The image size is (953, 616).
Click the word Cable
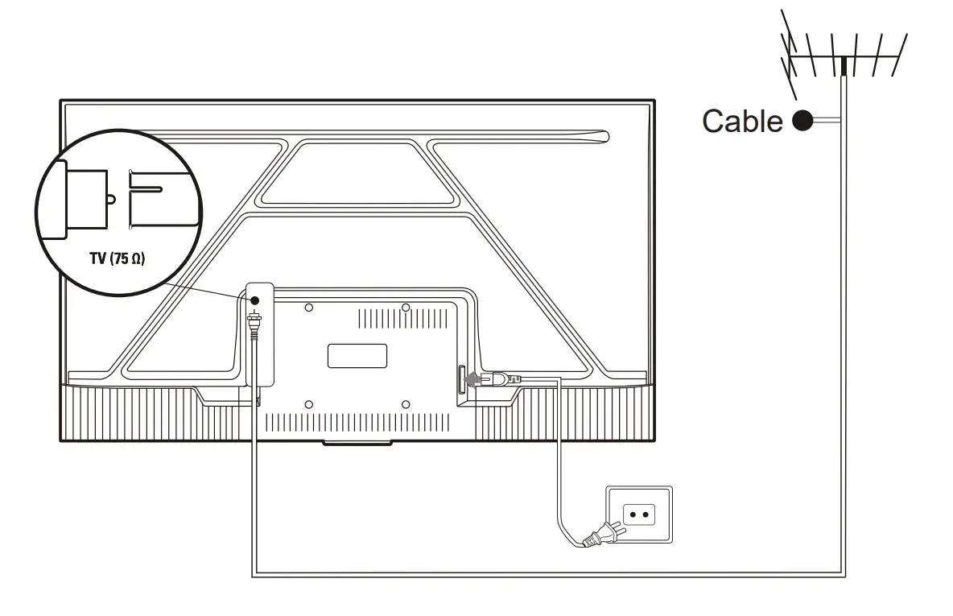click(742, 121)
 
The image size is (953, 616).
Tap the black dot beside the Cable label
click(802, 121)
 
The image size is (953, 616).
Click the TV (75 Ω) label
click(118, 261)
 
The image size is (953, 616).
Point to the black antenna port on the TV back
click(255, 300)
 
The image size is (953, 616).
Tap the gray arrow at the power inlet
click(477, 377)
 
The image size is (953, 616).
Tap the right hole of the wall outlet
click(645, 513)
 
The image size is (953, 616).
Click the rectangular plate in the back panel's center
click(357, 355)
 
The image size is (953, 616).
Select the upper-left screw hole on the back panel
click(310, 307)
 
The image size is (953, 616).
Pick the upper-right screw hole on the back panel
click(406, 307)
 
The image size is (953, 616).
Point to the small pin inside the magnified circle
click(112, 196)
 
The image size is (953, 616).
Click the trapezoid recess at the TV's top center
click(358, 171)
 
